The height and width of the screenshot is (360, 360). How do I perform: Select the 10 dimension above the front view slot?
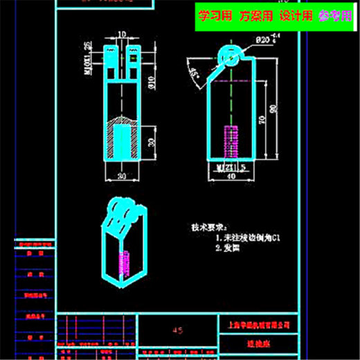(122, 34)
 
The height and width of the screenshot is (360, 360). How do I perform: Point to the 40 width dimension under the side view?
(232, 177)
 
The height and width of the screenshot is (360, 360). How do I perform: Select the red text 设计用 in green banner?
(296, 16)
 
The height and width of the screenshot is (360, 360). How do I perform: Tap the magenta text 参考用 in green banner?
(335, 16)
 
